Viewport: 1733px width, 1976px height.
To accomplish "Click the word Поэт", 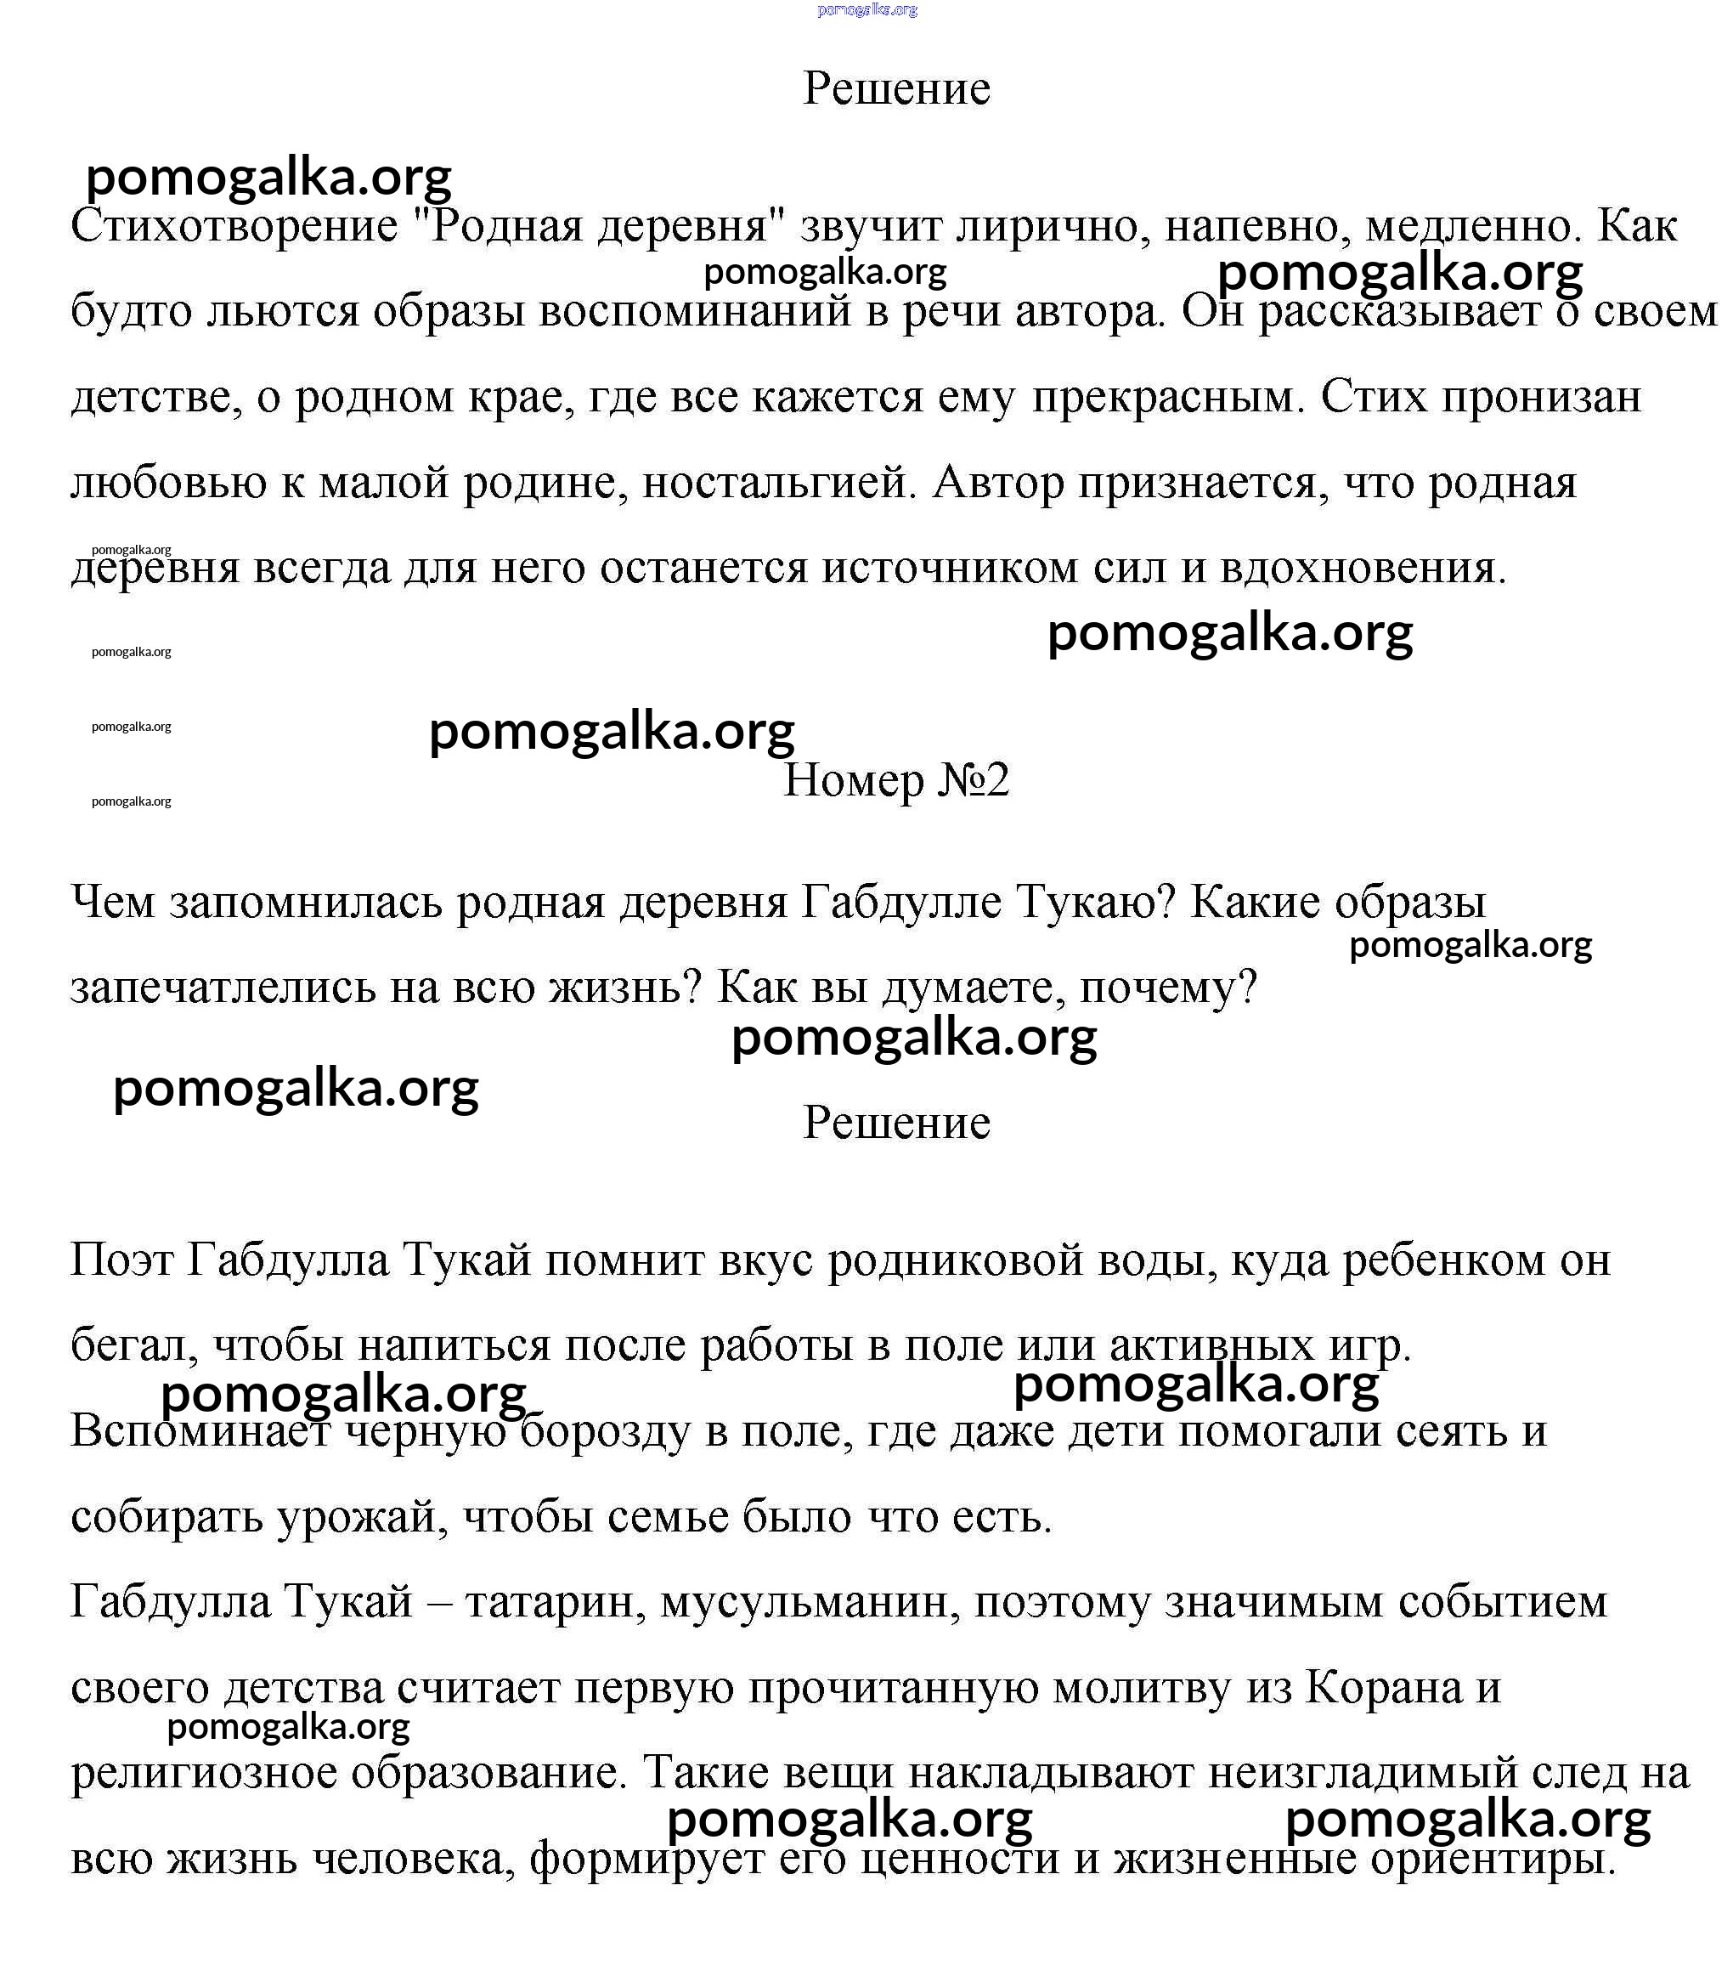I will click(x=120, y=1260).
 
